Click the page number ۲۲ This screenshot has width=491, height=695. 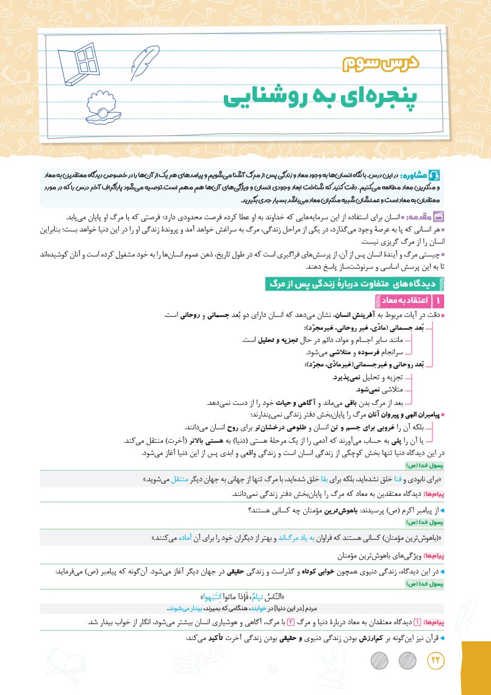437,661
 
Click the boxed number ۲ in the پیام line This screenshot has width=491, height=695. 291,622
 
